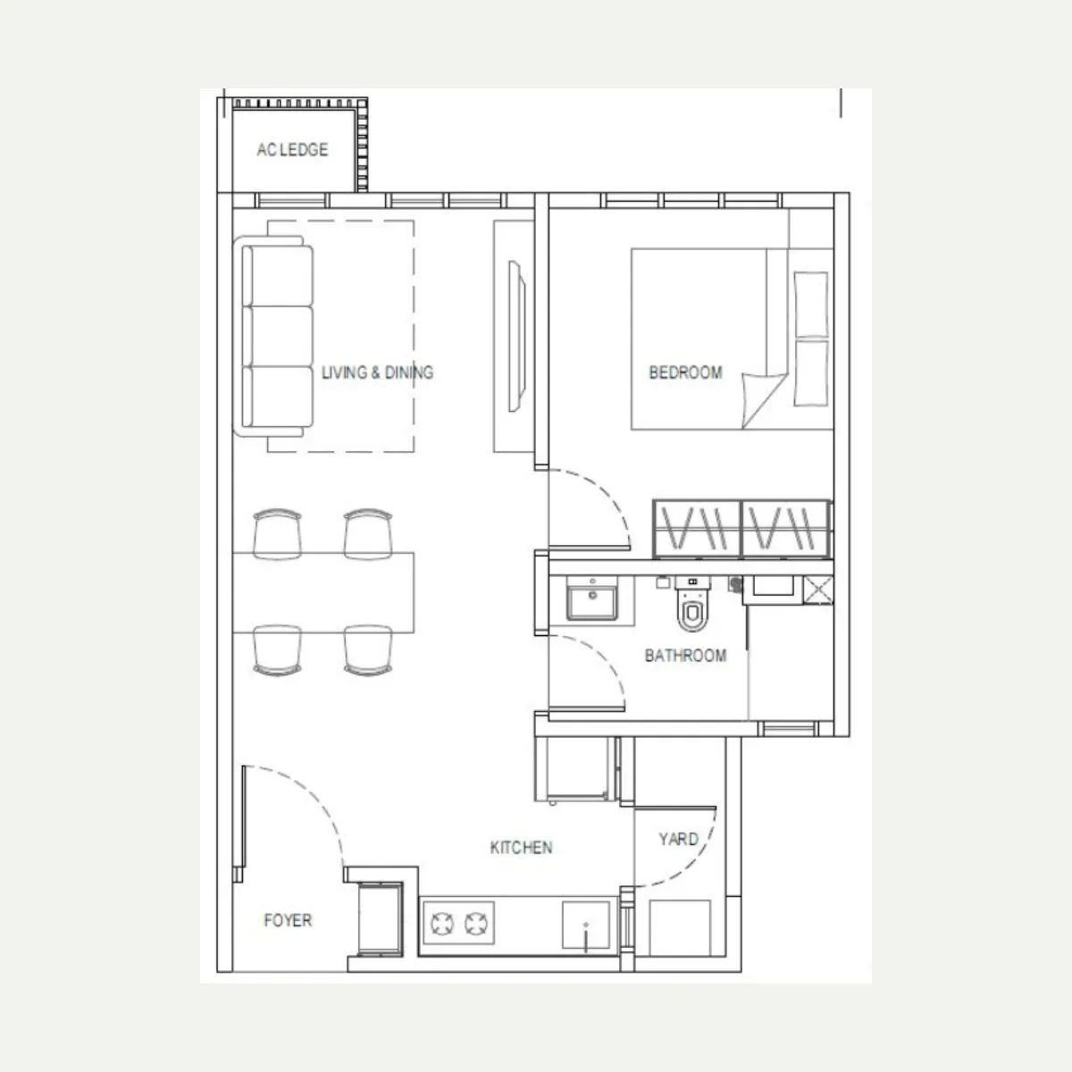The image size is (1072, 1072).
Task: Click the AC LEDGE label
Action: click(x=292, y=150)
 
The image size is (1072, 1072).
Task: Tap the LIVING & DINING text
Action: click(x=377, y=373)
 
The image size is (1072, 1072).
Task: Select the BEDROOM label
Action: click(x=685, y=373)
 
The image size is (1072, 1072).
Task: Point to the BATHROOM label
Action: click(x=685, y=656)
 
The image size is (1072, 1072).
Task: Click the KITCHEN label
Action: click(x=521, y=847)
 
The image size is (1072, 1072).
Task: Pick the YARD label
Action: click(x=678, y=839)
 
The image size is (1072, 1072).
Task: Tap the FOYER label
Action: click(x=288, y=920)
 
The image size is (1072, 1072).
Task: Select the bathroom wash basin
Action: click(x=592, y=599)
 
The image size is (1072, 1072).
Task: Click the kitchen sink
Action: click(x=586, y=925)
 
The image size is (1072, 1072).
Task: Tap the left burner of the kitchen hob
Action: click(x=441, y=924)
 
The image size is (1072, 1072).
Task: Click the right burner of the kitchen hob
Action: click(x=476, y=924)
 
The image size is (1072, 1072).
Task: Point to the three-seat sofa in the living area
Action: click(x=273, y=336)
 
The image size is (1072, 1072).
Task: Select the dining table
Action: click(x=323, y=592)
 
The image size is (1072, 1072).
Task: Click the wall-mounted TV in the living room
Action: click(x=517, y=337)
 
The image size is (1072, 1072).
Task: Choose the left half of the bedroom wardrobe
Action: click(x=697, y=529)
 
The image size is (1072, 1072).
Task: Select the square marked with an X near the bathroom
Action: click(x=818, y=590)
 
